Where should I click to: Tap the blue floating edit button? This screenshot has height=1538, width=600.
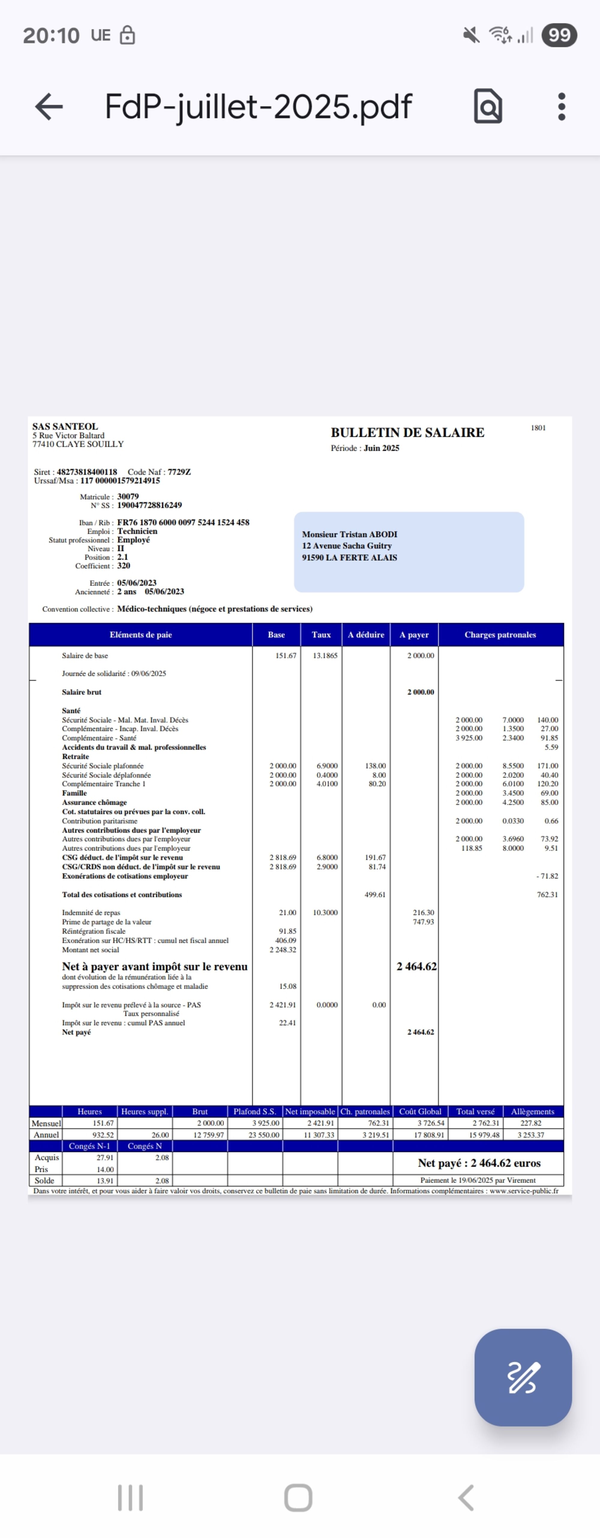(523, 1377)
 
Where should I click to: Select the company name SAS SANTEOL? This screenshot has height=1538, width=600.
(65, 426)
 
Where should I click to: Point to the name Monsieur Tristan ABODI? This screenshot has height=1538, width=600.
(349, 534)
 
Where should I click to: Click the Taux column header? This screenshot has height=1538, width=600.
(321, 635)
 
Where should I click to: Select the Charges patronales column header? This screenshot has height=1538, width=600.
(500, 635)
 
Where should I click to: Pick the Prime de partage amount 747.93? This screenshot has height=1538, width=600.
(423, 922)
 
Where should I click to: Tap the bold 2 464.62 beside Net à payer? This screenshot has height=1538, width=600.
(417, 967)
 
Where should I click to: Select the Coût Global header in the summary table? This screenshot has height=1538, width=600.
(420, 1112)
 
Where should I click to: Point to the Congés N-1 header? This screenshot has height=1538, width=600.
(90, 1146)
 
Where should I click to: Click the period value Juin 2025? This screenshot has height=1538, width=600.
(382, 448)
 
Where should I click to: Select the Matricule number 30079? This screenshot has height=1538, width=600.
(128, 497)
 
